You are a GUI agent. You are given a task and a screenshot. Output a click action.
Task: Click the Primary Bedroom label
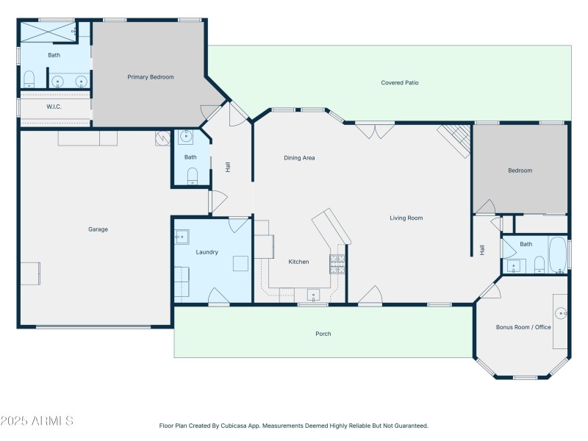tap(151, 76)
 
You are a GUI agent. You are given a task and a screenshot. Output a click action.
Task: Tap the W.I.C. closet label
tap(54, 107)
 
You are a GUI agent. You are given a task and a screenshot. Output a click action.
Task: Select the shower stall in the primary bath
tap(48, 31)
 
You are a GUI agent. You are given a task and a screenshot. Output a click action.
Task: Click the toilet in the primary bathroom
tap(29, 79)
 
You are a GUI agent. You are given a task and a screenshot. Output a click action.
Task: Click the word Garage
tap(98, 229)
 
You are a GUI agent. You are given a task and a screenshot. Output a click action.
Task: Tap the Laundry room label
tap(207, 252)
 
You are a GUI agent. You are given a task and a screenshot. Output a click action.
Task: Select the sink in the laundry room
tap(182, 237)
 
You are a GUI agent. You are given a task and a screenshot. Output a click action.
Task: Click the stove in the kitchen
tap(337, 263)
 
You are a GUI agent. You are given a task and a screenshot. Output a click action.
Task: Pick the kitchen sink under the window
tap(314, 295)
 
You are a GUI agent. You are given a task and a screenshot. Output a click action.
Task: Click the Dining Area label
tap(299, 157)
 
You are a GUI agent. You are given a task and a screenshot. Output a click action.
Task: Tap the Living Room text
tap(406, 218)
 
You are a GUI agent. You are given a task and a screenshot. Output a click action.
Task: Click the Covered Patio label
tap(399, 83)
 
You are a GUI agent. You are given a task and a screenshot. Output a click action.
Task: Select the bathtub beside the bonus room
tap(557, 254)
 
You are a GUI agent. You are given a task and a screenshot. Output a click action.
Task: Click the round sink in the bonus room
tap(561, 313)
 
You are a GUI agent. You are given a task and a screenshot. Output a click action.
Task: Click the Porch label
tap(323, 334)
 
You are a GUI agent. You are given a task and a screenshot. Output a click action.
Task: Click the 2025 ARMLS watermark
tap(37, 421)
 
